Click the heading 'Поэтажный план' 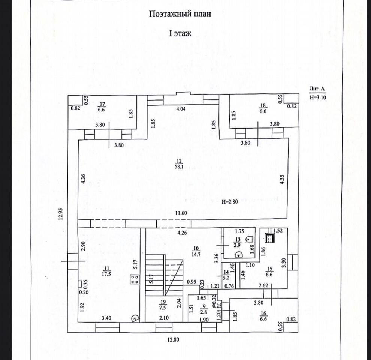coord(180,14)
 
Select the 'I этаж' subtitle coord(180,34)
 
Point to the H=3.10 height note coord(318,97)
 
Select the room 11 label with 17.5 coord(107,271)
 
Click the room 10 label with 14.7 coord(195,251)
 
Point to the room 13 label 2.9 coord(237,242)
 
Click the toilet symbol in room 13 coord(249,238)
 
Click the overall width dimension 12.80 coord(173,340)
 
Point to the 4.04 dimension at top coord(181,109)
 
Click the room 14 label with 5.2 coord(226,276)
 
